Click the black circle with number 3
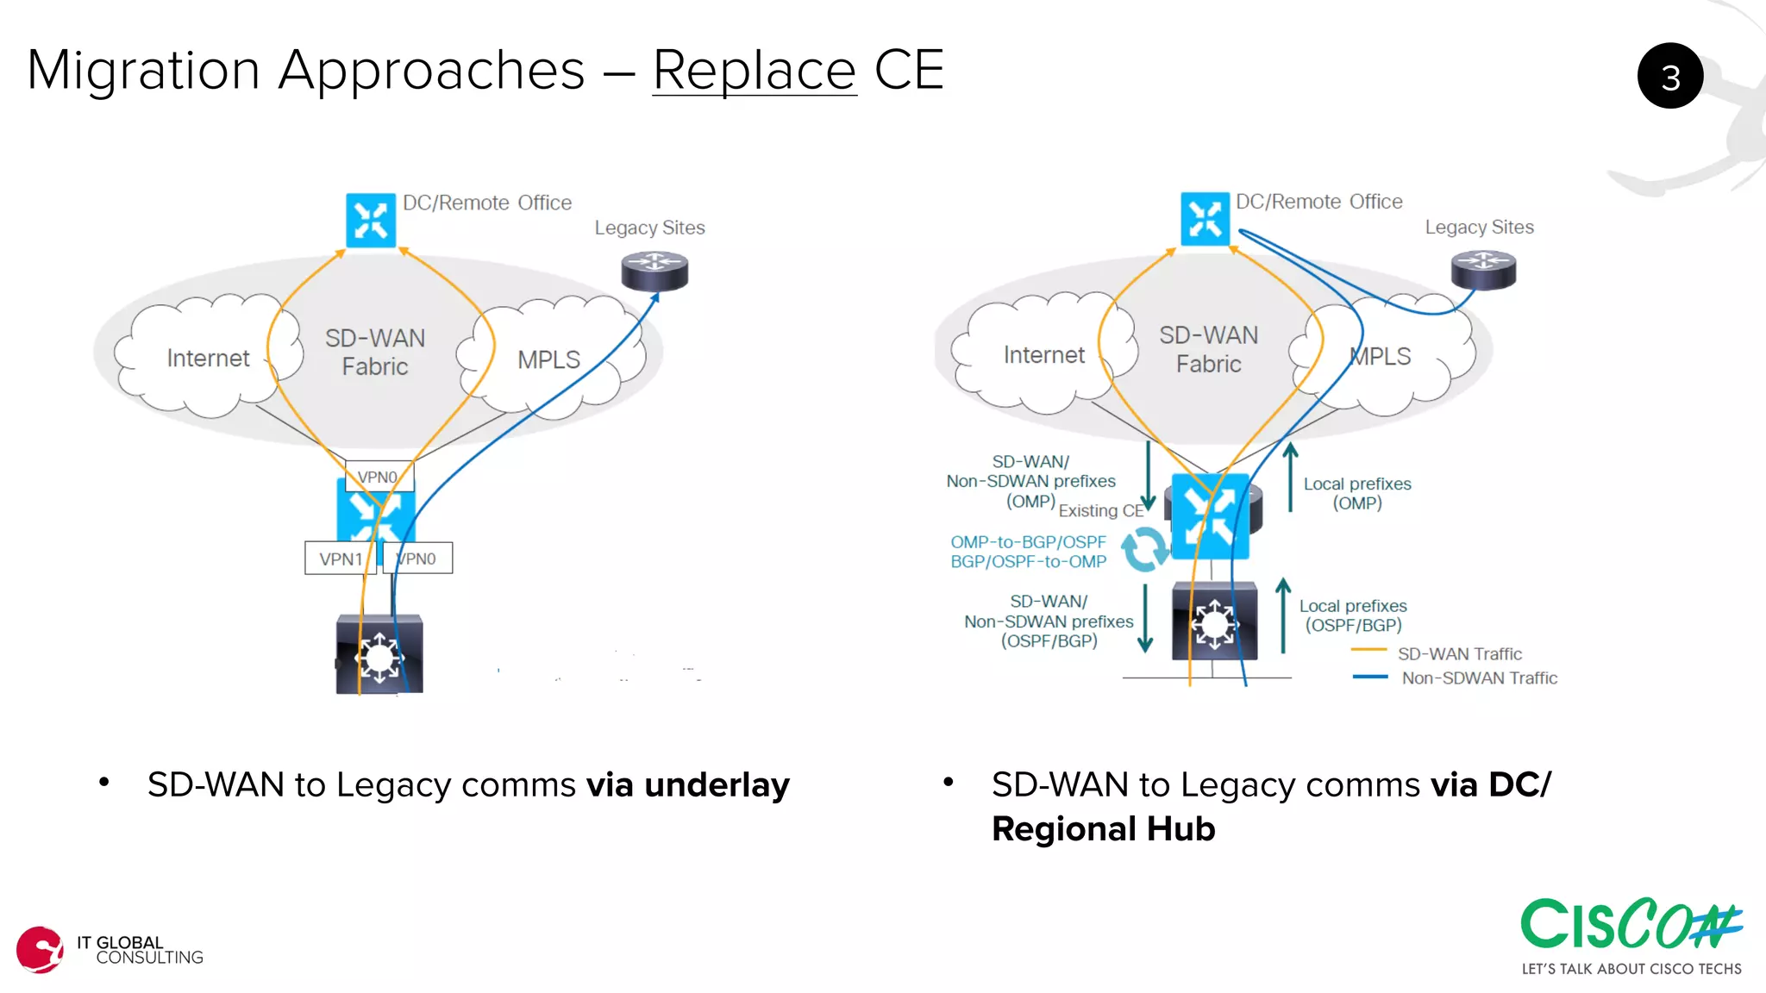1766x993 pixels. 1669,76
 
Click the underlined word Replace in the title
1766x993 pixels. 754,70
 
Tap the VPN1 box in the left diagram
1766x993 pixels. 340,559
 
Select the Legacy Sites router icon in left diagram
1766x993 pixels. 654,271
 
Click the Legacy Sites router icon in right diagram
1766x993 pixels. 1483,270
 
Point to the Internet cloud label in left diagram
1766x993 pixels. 208,358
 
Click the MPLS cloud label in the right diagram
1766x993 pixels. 1381,356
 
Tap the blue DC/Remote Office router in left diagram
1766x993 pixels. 371,220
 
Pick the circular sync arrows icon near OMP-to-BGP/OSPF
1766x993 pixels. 1145,549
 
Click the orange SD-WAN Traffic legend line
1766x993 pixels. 1368,650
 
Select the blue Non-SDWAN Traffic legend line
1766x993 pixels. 1369,677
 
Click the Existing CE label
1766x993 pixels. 1100,510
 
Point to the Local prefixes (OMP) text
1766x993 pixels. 1356,493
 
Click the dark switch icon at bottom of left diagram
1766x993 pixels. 379,655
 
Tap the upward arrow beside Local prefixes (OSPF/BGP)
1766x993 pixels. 1283,615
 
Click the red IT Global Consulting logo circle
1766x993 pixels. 40,950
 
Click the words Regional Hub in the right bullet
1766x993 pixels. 1103,829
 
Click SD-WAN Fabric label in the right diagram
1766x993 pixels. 1208,349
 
